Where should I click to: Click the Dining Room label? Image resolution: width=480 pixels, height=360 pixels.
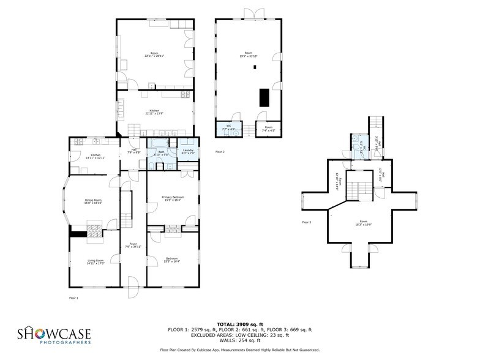tap(93, 201)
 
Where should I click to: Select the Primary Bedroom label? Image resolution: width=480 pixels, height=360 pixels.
tap(173, 198)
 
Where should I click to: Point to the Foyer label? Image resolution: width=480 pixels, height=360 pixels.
tap(132, 245)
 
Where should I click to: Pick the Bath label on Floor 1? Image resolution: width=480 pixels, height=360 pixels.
tap(161, 153)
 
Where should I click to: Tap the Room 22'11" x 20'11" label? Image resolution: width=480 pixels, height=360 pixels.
tap(154, 54)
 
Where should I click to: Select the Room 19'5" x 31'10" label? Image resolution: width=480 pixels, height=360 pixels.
tap(249, 54)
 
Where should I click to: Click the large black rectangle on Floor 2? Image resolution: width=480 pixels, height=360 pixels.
tap(264, 98)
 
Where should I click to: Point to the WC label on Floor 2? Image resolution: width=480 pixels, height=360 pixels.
tap(228, 129)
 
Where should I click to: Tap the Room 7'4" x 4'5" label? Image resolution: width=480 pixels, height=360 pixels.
tap(268, 129)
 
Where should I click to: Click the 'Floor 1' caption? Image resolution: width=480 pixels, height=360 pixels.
tap(73, 298)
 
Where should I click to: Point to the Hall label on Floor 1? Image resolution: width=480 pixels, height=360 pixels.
tap(134, 151)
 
